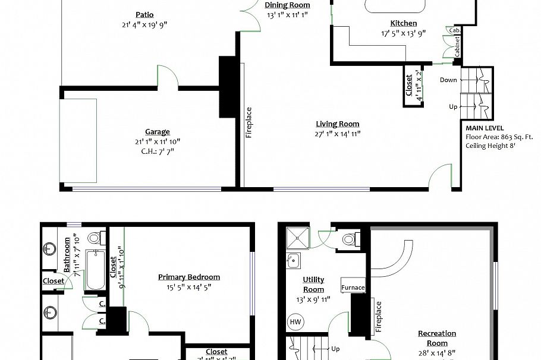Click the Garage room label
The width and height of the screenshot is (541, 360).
tap(158, 132)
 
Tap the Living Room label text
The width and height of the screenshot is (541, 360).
tap(337, 124)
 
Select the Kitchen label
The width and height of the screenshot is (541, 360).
tap(403, 23)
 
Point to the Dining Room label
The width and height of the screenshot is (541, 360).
tap(288, 5)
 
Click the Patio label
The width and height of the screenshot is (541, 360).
tap(144, 15)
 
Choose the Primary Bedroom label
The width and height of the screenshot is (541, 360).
tap(189, 277)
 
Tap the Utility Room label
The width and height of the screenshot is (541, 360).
tap(313, 285)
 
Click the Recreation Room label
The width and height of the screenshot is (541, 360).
tap(437, 338)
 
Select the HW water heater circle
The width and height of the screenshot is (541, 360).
tap(295, 322)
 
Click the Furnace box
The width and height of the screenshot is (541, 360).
tap(353, 288)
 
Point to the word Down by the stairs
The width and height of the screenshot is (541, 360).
tap(448, 80)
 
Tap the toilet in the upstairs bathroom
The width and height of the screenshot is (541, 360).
tap(93, 239)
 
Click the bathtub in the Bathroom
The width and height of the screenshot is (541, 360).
tap(96, 270)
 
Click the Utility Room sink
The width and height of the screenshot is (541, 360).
tap(292, 260)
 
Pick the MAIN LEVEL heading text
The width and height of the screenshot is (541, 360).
tap(485, 128)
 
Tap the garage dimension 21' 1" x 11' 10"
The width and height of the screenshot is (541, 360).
tap(158, 141)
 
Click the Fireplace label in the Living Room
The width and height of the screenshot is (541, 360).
tap(249, 122)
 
